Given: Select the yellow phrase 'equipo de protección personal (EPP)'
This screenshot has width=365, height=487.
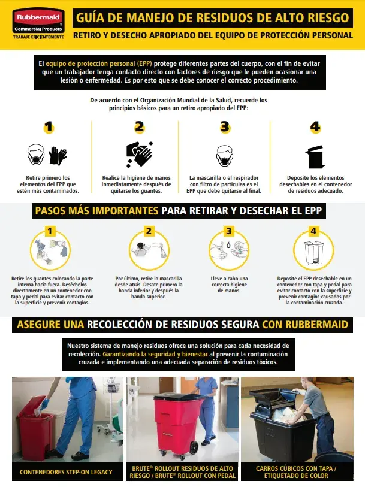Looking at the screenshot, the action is [x=99, y=63].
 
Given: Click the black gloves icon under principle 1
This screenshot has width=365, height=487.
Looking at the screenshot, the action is [x=58, y=156].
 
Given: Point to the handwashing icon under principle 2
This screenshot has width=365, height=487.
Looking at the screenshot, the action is [x=140, y=155].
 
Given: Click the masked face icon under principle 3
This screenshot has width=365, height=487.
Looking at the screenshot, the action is [x=225, y=156].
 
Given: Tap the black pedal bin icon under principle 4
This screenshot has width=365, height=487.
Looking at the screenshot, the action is [x=315, y=157].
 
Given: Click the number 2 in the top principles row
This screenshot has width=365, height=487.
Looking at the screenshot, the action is [x=140, y=127].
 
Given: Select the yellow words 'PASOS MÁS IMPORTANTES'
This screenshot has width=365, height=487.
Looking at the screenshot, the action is [x=96, y=211].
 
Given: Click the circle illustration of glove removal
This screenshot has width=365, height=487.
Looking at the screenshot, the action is [x=50, y=250].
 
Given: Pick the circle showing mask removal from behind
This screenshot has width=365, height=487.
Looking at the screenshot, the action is [x=149, y=250].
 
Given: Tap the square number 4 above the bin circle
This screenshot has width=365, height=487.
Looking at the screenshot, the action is [x=313, y=231].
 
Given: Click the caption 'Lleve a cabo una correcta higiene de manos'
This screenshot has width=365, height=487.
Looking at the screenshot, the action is [x=230, y=285].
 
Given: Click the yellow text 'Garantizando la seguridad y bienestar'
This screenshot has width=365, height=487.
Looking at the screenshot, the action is [x=155, y=354].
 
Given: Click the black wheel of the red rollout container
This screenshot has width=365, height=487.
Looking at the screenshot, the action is [x=194, y=448].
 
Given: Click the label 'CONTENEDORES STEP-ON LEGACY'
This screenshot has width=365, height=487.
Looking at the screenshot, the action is [x=66, y=472].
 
